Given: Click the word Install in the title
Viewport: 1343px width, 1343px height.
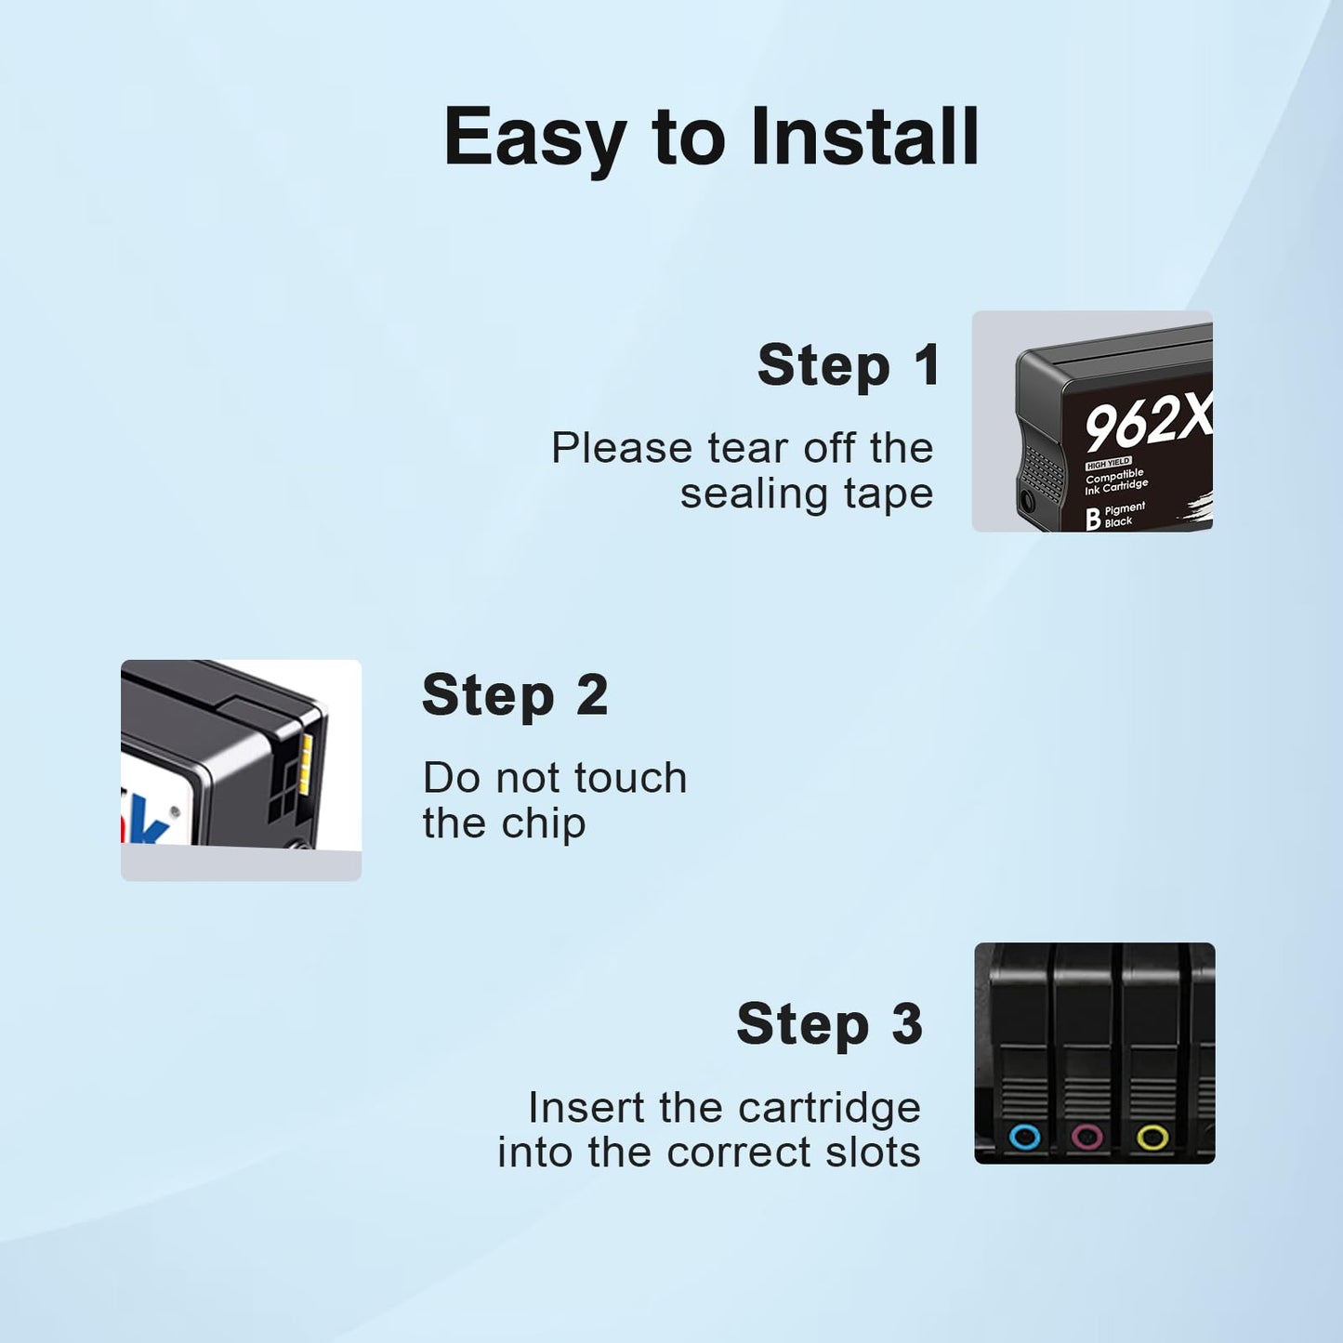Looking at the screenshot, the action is tap(865, 137).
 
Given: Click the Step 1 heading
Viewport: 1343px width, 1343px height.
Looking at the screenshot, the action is tap(849, 365).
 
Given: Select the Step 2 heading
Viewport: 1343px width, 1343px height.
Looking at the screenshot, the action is tap(515, 695).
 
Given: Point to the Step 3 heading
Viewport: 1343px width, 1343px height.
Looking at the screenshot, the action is tap(829, 1024).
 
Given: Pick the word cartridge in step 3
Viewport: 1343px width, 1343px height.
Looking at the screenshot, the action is tap(829, 1108).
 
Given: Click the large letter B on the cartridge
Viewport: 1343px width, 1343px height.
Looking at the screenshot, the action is tap(1094, 519).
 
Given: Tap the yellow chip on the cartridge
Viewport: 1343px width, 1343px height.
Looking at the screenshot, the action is tap(305, 765).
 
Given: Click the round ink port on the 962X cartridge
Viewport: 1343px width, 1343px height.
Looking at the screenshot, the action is tap(1027, 499).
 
